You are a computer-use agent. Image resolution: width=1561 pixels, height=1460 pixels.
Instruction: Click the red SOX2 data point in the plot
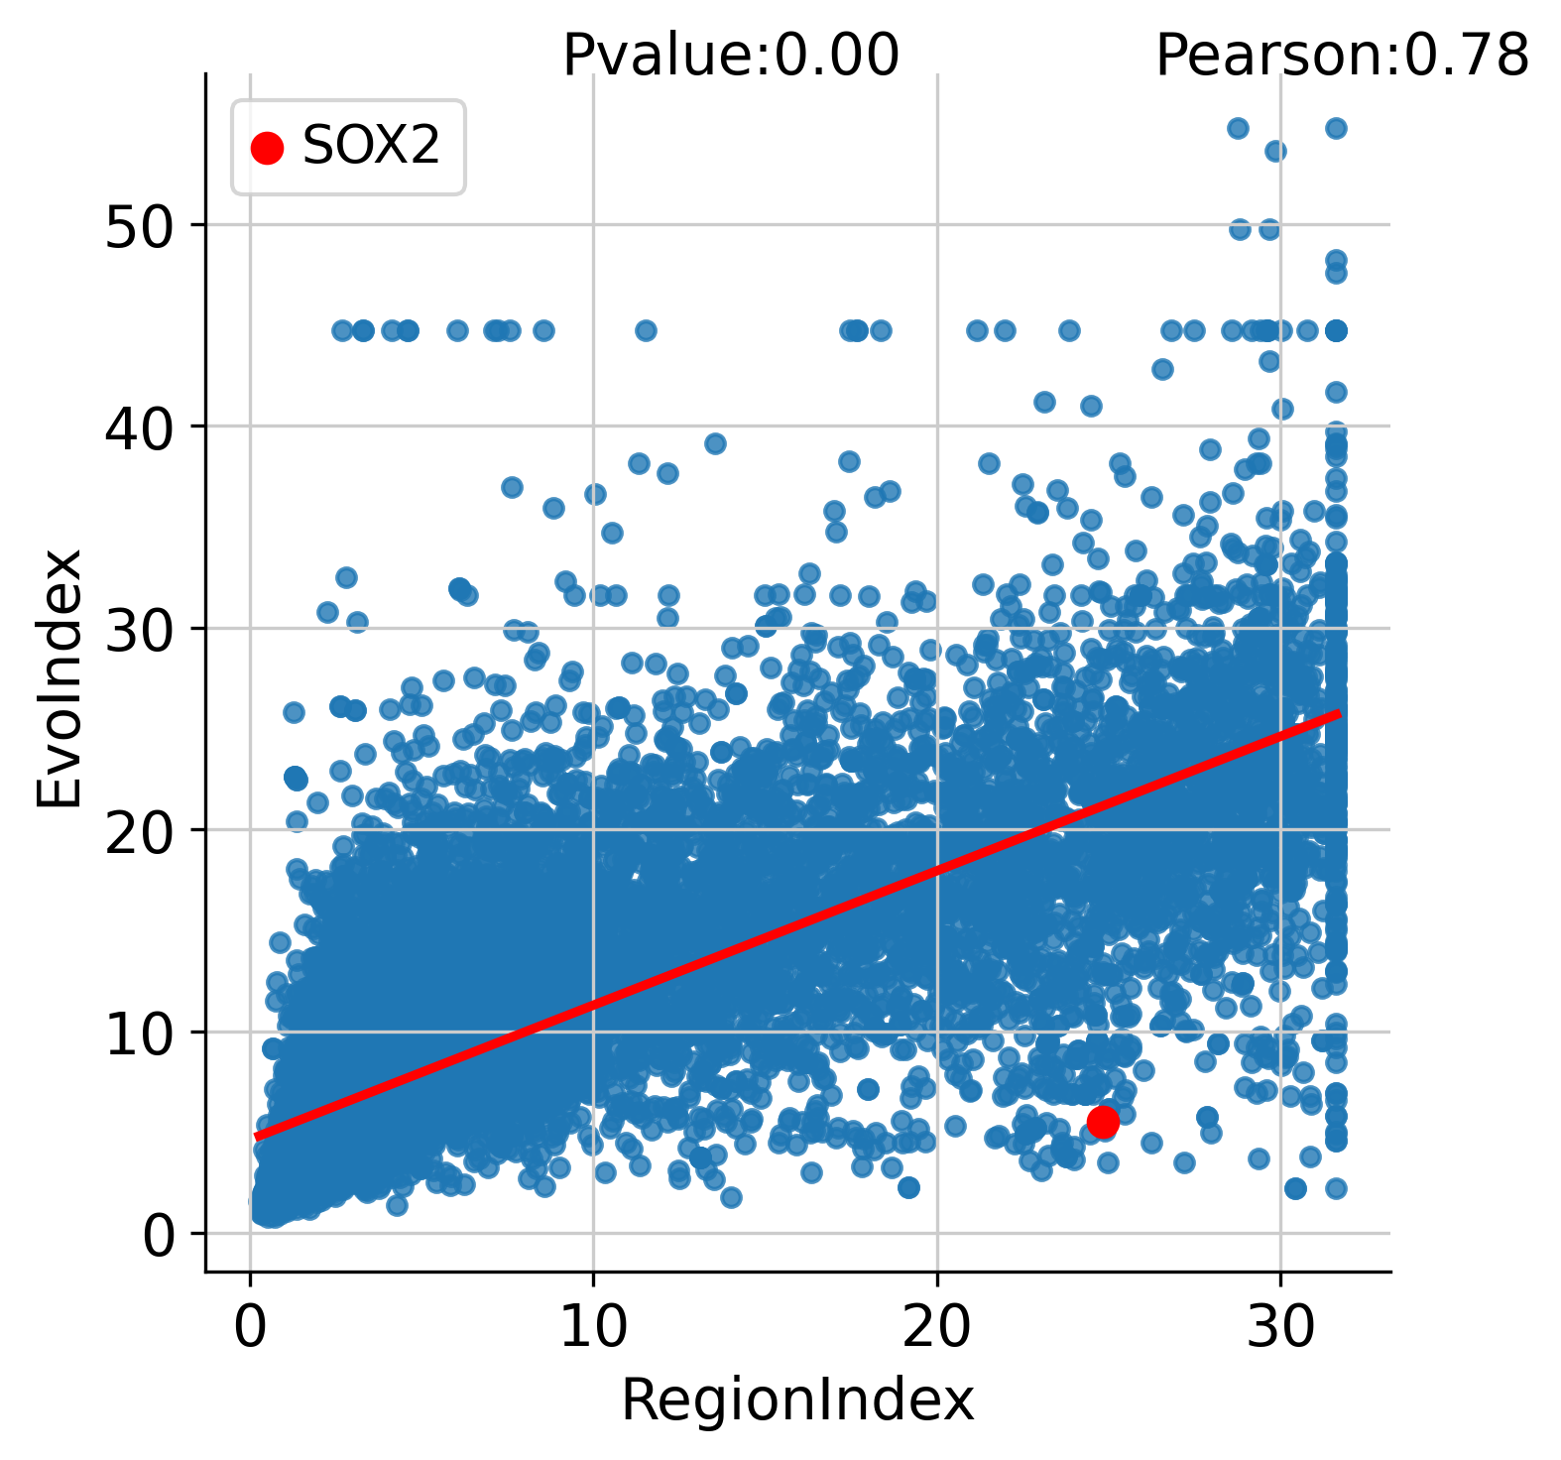(x=1103, y=1122)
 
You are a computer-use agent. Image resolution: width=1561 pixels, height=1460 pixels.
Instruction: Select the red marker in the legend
(x=267, y=148)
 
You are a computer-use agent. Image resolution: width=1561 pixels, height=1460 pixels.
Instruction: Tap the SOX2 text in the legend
(x=371, y=147)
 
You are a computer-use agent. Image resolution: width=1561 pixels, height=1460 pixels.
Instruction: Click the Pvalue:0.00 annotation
(x=731, y=55)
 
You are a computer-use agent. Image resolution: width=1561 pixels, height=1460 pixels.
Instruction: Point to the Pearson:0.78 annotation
(x=1342, y=55)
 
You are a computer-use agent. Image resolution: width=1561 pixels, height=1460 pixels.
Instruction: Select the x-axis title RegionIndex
(x=797, y=1401)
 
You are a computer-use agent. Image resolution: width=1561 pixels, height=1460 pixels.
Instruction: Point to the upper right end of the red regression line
(x=1339, y=713)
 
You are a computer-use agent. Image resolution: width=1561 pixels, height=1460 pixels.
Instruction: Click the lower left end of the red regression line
(x=257, y=1137)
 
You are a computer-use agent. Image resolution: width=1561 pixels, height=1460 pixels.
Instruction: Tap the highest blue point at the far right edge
(x=1336, y=128)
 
